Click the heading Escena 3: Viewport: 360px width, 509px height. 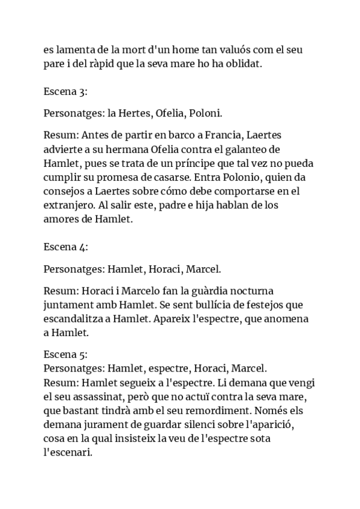point(66,92)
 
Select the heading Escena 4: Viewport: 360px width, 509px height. point(66,246)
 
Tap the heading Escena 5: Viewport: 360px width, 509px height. point(66,354)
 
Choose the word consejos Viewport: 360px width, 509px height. point(67,191)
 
